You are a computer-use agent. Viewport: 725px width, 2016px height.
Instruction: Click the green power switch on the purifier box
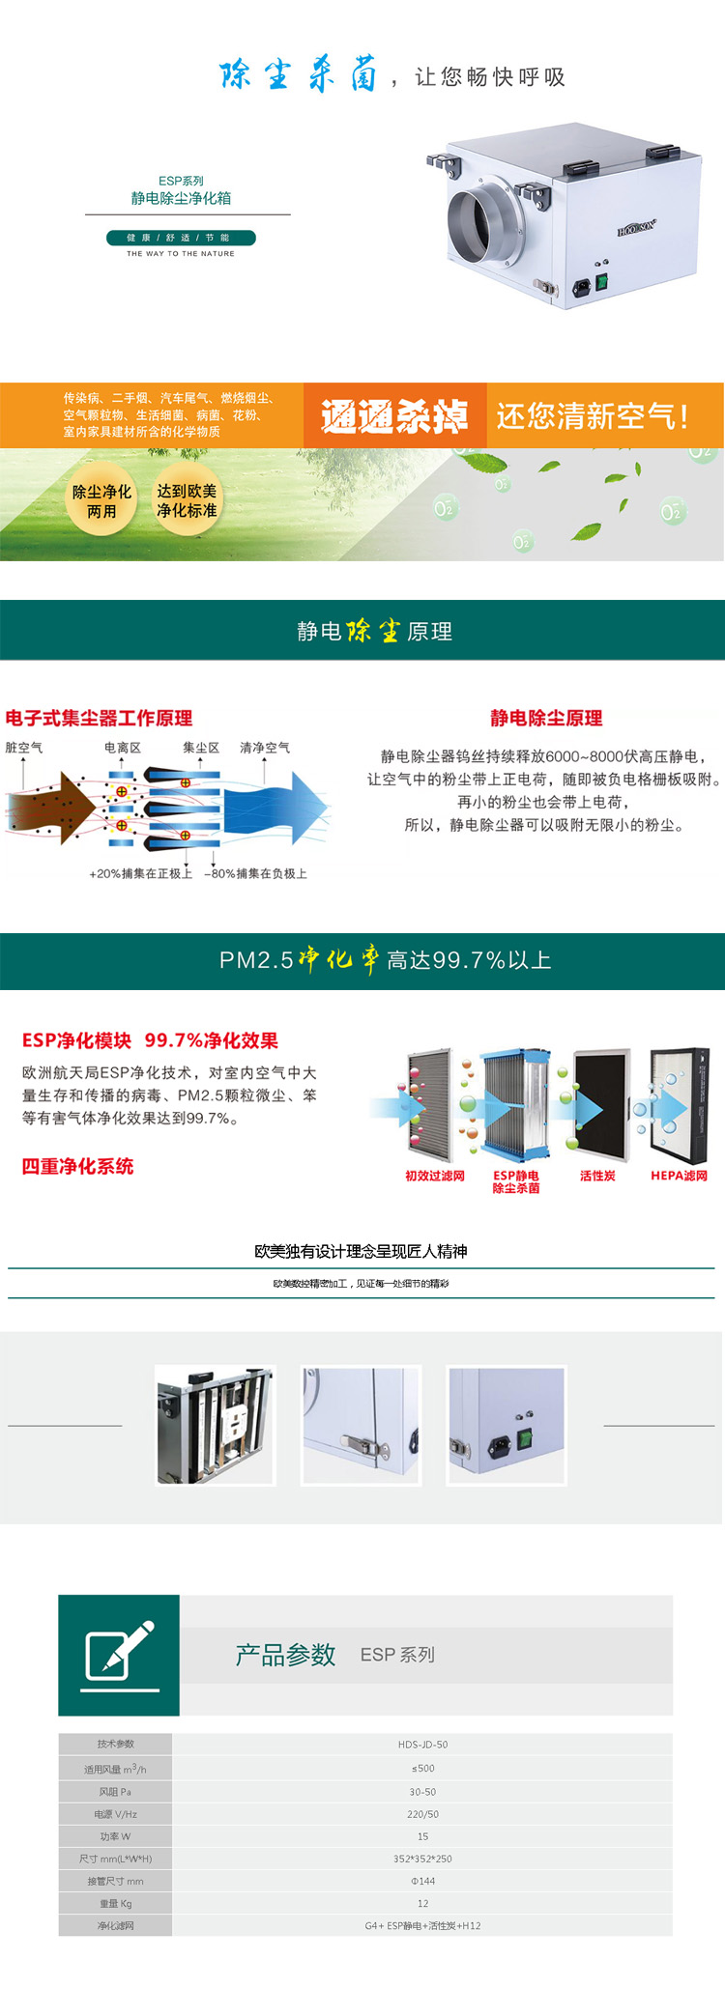600,281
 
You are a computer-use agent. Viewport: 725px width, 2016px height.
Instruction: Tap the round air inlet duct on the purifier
480,223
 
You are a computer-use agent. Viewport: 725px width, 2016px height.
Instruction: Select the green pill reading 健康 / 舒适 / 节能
181,238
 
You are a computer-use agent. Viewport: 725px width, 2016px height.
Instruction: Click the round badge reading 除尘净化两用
101,501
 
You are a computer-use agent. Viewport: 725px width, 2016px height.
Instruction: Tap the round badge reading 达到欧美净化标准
187,500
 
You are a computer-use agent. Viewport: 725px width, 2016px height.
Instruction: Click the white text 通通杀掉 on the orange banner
394,416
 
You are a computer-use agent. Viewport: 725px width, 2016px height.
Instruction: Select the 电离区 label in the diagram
123,748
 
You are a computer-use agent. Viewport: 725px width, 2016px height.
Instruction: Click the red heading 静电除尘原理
546,718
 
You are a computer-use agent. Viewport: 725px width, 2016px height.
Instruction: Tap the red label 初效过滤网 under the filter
434,1176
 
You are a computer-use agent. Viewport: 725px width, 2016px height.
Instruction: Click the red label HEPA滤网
679,1176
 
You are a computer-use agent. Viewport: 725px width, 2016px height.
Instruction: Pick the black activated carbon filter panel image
601,1105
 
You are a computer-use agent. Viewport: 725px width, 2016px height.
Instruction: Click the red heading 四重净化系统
77,1166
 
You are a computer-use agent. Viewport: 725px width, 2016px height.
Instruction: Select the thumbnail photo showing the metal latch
361,1425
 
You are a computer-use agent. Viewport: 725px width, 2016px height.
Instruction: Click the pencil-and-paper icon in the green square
119,1654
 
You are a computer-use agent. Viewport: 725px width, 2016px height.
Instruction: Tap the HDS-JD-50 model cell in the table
422,1745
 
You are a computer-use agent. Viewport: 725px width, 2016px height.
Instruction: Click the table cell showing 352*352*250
422,1859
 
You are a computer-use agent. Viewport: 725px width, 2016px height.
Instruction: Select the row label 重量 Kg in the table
115,1903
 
